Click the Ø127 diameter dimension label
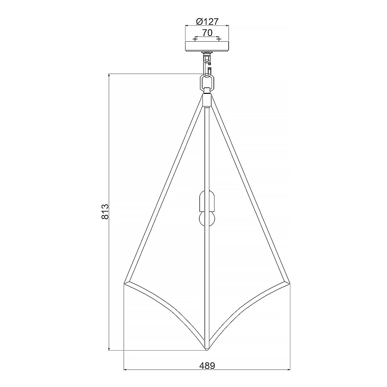[x=207, y=22]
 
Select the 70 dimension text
[x=207, y=33]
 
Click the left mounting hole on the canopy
[x=195, y=39]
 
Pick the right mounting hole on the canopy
[x=219, y=39]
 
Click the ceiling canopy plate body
[x=207, y=46]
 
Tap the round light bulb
[x=206, y=218]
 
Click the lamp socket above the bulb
[x=206, y=200]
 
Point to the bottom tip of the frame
[x=207, y=349]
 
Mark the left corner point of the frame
[x=125, y=283]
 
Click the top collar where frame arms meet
[x=207, y=100]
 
